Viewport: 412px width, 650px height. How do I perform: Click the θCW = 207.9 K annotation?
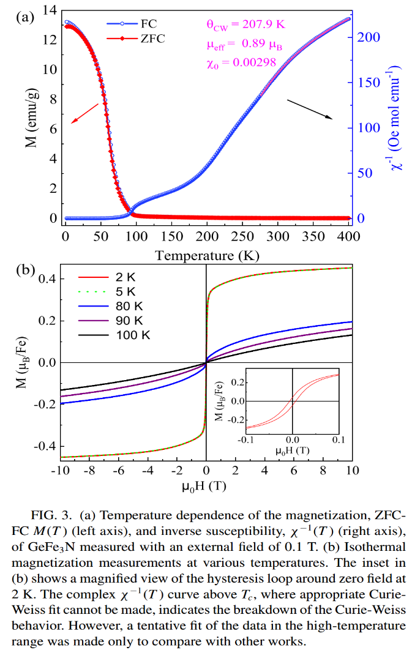245,25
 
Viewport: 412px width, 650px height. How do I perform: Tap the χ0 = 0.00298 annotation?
241,62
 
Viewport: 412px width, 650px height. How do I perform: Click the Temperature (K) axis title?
203,255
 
